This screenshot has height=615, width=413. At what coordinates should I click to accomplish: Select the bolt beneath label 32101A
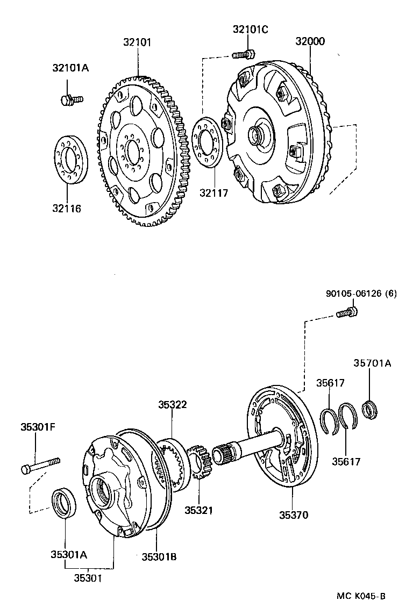coord(70,99)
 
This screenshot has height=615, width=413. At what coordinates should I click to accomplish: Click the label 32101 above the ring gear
coord(137,42)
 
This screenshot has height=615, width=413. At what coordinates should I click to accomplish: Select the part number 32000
coord(310,42)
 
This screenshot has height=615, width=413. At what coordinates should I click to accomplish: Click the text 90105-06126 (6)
coord(361,294)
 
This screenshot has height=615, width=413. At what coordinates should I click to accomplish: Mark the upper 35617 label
coord(330,383)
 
